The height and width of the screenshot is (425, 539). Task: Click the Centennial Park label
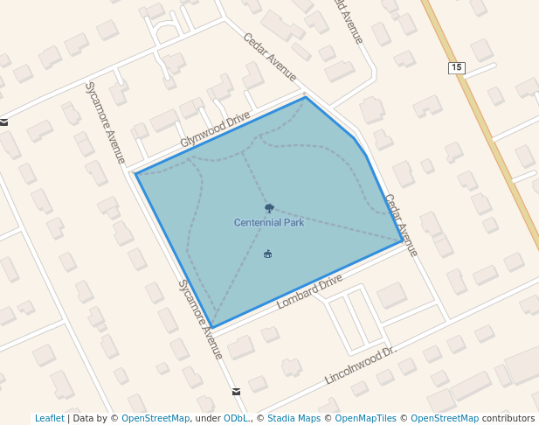pos(269,223)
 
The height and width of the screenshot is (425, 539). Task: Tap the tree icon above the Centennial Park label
pos(269,208)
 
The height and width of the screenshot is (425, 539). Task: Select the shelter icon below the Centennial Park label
pos(268,254)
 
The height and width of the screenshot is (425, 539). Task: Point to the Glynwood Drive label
pos(215,129)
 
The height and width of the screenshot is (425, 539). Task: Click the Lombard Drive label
pos(309,292)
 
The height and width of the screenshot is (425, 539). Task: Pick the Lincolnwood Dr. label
pos(360,365)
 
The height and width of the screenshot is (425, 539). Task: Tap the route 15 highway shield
pos(456,67)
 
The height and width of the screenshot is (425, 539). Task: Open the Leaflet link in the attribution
pos(49,419)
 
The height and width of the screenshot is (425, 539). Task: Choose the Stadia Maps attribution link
pos(294,419)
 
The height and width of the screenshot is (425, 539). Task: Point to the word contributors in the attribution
pos(508,419)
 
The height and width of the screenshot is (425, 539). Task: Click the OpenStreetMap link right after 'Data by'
pos(155,419)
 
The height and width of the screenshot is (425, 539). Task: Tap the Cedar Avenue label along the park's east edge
pos(401,225)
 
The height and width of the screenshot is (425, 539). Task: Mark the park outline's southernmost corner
pos(212,329)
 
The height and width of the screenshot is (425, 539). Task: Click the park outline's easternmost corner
pos(403,240)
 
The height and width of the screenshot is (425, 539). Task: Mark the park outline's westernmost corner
pos(135,173)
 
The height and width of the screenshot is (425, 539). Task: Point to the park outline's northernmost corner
pos(306,97)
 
